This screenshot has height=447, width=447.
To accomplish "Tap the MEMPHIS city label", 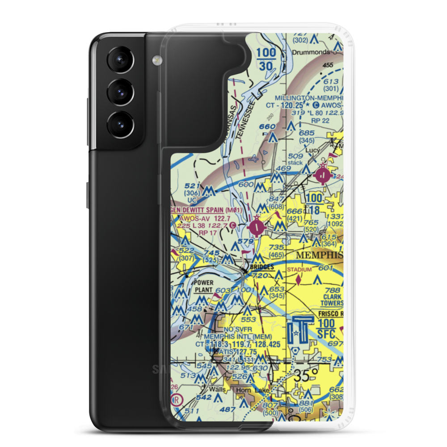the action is (319, 255).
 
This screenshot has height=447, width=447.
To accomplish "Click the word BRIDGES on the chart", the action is (262, 267).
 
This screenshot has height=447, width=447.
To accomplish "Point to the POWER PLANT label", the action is (203, 287).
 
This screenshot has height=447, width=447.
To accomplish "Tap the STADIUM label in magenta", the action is (299, 270).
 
